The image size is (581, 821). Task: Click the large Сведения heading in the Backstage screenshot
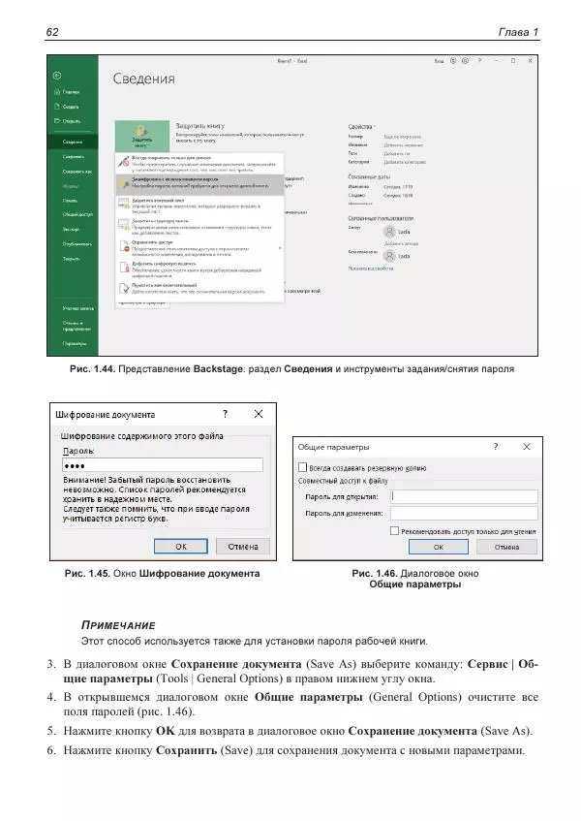pos(143,79)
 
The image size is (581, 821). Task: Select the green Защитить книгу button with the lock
pos(142,136)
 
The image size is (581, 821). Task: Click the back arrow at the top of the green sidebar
pos(58,76)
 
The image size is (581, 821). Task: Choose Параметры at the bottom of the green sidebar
pos(76,343)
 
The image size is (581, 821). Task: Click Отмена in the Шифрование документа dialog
pos(241,545)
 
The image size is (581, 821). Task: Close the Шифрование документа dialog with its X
pos(259,414)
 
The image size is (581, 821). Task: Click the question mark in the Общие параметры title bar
pos(495,448)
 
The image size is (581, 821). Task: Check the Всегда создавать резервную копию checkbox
pos(302,466)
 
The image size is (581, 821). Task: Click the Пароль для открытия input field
pos(462,496)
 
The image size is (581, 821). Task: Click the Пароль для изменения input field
pos(462,513)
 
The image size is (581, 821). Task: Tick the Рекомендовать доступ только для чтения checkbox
pos(394,531)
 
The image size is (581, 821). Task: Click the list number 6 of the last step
pos(51,750)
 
